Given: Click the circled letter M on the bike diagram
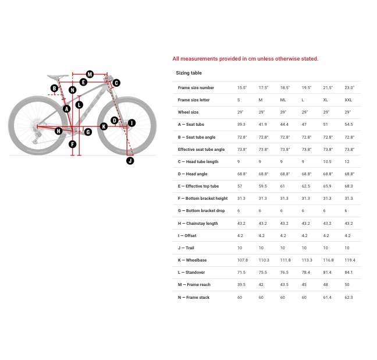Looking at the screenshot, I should [90, 74].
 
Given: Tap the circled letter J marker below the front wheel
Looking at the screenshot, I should [130, 161].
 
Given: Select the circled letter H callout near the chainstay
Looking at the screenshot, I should [58, 131].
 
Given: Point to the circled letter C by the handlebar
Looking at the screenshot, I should [116, 83].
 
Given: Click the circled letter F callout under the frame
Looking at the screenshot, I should [72, 144].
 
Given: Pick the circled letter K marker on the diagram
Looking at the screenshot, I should [104, 126].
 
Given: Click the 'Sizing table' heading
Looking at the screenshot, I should [188, 73].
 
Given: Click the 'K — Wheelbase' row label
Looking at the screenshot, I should [192, 260].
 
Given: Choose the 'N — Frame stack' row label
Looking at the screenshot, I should [194, 298].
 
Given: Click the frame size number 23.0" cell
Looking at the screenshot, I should [349, 88].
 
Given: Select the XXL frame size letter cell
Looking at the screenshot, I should [348, 100].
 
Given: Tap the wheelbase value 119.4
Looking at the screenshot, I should [349, 260].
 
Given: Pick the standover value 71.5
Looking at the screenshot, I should [241, 273].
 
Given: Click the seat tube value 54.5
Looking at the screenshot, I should [348, 125].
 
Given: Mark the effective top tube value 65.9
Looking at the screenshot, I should [328, 186].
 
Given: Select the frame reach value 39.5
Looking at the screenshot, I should [241, 285].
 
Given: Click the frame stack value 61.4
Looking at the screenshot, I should [328, 298].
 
